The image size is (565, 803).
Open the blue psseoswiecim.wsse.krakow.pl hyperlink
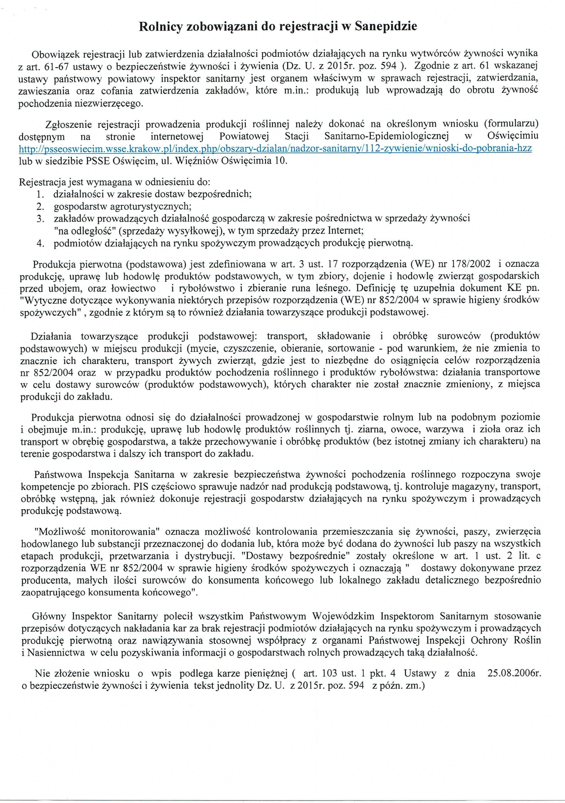(x=275, y=148)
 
